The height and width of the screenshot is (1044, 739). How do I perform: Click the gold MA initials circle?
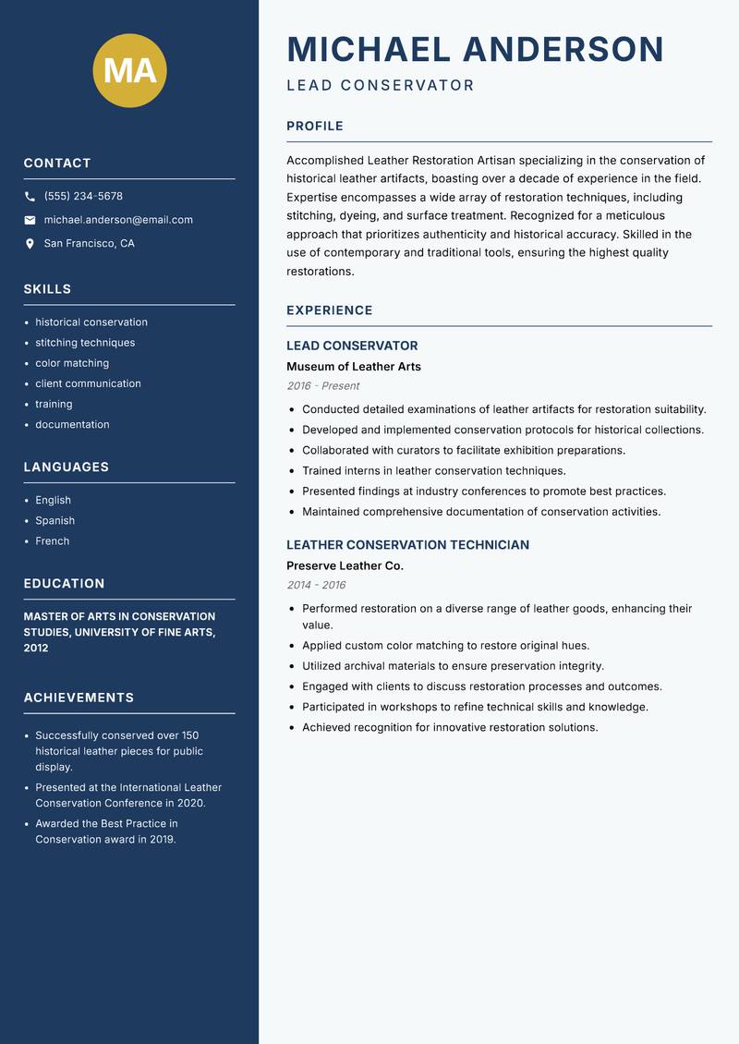click(130, 70)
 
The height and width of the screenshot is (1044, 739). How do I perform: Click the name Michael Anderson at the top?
click(475, 49)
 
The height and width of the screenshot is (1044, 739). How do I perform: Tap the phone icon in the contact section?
click(30, 197)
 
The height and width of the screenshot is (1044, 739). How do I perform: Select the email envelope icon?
click(30, 220)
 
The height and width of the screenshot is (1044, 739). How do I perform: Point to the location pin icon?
click(30, 244)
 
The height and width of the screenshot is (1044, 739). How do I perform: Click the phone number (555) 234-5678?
click(83, 197)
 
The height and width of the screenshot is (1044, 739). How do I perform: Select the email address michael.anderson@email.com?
click(118, 220)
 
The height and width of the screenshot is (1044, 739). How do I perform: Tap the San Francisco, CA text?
click(89, 244)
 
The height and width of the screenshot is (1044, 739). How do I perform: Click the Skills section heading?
click(48, 289)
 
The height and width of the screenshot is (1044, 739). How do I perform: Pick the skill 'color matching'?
click(72, 363)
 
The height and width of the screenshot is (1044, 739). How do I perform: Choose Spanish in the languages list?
click(54, 521)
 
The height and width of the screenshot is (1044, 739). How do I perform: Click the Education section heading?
click(65, 584)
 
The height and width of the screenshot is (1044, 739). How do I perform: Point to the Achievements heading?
click(79, 698)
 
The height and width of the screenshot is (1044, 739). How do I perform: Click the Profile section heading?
click(315, 127)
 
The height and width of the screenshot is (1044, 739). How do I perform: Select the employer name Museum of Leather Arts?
click(354, 367)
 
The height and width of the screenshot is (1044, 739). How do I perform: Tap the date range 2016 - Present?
click(323, 386)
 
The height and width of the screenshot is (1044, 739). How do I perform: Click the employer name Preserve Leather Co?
click(345, 565)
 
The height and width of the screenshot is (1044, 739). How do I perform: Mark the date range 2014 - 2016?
click(316, 585)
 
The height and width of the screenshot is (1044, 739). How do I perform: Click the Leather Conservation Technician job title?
click(407, 545)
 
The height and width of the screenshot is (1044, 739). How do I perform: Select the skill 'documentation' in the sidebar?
click(72, 425)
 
